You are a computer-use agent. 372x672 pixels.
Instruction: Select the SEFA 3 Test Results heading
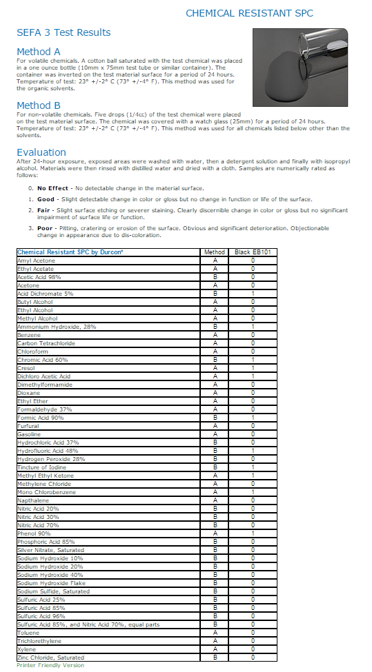tap(63, 32)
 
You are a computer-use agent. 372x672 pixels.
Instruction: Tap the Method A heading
tap(39, 52)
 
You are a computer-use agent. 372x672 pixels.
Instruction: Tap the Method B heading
tap(39, 105)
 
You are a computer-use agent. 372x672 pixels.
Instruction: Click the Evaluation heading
tap(41, 152)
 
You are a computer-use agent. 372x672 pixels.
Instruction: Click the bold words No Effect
tap(53, 188)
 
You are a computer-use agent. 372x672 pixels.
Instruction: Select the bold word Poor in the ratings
tap(46, 228)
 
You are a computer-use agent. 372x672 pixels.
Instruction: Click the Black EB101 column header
tap(253, 252)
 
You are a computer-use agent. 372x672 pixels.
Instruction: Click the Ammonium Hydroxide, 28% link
tap(56, 326)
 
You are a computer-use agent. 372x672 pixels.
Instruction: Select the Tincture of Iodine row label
tap(42, 467)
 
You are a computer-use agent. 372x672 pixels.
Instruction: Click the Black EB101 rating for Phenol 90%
tap(253, 533)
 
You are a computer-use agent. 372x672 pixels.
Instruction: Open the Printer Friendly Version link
tap(50, 666)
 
